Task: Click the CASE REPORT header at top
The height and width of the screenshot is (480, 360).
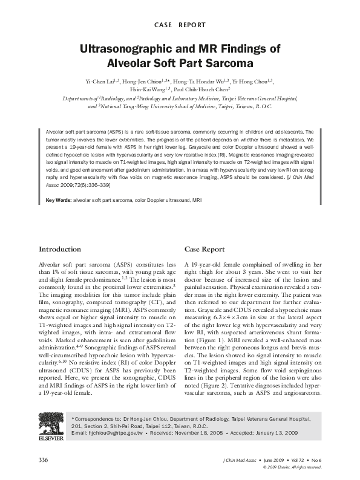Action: point(180,25)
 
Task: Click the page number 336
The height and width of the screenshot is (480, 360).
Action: point(44,461)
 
